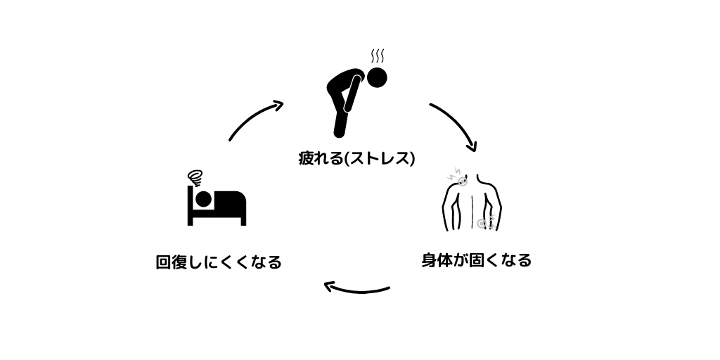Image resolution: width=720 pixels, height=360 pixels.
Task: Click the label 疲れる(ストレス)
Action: (x=356, y=158)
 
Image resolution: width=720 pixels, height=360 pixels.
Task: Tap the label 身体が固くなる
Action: (x=476, y=260)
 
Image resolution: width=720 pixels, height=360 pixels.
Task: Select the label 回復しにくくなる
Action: (x=219, y=262)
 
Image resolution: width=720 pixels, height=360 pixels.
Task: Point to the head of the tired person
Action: (x=378, y=77)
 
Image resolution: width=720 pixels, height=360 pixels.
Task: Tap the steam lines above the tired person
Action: (x=378, y=56)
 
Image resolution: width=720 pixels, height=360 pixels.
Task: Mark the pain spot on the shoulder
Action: (x=462, y=181)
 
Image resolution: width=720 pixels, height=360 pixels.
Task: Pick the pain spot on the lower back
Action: (x=482, y=224)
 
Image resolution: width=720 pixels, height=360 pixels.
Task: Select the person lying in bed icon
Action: (x=217, y=205)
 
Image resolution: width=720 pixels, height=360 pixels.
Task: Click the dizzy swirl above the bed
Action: (x=195, y=176)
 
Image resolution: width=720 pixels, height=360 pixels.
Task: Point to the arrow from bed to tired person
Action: (x=255, y=120)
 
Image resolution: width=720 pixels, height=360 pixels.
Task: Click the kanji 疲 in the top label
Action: (x=306, y=158)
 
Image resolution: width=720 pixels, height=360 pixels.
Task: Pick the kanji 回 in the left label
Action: (x=163, y=262)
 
